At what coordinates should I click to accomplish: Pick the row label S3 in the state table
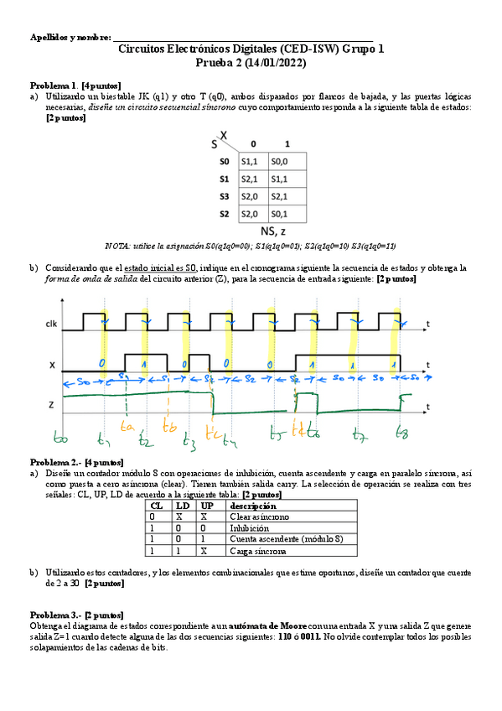(224, 196)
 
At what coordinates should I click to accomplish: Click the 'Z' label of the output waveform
(53, 403)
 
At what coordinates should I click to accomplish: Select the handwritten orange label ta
(127, 426)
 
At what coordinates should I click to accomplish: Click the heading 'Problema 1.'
(54, 86)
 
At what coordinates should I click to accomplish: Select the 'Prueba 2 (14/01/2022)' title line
(251, 63)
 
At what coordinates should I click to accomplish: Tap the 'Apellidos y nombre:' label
(70, 38)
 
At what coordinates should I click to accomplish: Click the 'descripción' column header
(253, 506)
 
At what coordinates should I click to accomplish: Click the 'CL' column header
(157, 506)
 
